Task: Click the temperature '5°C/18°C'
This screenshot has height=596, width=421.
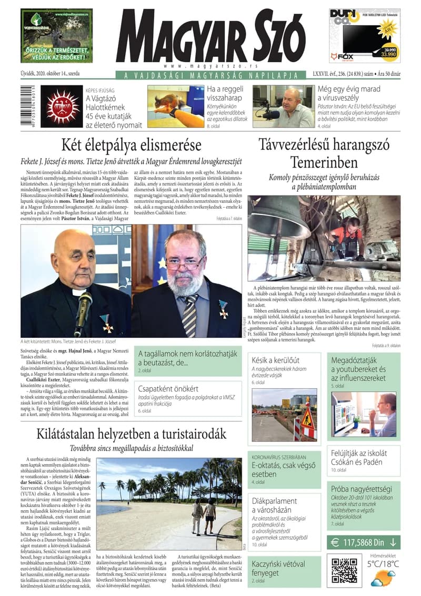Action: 383,564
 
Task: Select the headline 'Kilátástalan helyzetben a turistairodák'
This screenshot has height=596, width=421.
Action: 132,434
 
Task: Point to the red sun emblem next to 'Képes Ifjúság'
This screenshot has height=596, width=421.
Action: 62,108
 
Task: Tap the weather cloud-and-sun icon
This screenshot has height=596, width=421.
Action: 383,578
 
